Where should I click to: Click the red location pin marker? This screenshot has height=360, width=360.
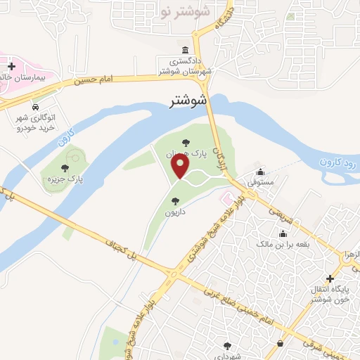click(181, 167)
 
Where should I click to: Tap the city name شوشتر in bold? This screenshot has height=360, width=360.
click(189, 101)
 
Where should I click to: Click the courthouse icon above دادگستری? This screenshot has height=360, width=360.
click(184, 50)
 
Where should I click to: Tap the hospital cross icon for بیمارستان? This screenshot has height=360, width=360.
click(11, 66)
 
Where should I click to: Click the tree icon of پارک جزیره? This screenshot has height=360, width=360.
click(65, 168)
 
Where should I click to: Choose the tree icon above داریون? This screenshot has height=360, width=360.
click(175, 201)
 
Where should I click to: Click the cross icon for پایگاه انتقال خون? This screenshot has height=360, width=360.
click(330, 278)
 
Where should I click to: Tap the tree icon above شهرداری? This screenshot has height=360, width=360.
click(227, 345)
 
